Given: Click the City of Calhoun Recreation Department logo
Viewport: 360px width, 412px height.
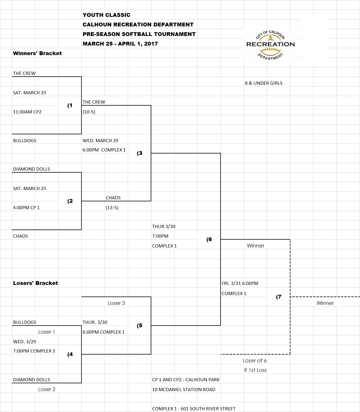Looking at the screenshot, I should (x=270, y=45).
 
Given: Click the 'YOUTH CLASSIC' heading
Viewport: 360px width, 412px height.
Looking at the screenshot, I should (x=106, y=15).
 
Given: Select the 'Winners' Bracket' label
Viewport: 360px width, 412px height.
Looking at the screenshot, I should (x=37, y=53).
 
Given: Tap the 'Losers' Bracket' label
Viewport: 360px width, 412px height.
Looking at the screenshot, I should (x=35, y=283).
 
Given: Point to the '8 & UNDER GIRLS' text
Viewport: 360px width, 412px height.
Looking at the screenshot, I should (x=263, y=83).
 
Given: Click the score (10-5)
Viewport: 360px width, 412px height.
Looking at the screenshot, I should (x=89, y=112).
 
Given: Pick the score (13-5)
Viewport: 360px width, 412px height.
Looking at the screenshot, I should (x=112, y=208).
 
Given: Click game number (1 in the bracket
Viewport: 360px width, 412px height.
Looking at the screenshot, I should (x=70, y=105).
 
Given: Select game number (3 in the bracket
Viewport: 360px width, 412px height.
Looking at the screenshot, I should (x=139, y=153).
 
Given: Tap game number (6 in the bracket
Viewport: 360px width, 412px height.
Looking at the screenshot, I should (x=209, y=239).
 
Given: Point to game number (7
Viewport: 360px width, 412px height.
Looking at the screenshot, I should (x=279, y=297).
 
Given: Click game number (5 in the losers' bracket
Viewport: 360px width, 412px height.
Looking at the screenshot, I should (x=139, y=326).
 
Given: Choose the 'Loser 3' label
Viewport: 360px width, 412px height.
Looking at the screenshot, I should (x=116, y=303).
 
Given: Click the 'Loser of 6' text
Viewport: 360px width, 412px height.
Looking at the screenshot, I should (x=255, y=361).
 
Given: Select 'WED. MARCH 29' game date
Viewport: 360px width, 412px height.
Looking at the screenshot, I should (x=100, y=141).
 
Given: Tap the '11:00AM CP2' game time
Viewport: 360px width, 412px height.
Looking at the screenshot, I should (x=27, y=112).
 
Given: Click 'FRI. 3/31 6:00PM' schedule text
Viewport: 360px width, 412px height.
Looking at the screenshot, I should (x=240, y=283).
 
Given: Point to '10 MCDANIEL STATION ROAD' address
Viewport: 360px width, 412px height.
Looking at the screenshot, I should (x=183, y=390).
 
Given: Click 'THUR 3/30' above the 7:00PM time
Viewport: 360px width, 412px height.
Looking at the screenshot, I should (x=164, y=227).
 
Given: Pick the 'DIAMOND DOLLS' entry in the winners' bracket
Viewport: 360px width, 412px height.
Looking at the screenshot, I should (x=31, y=169).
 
